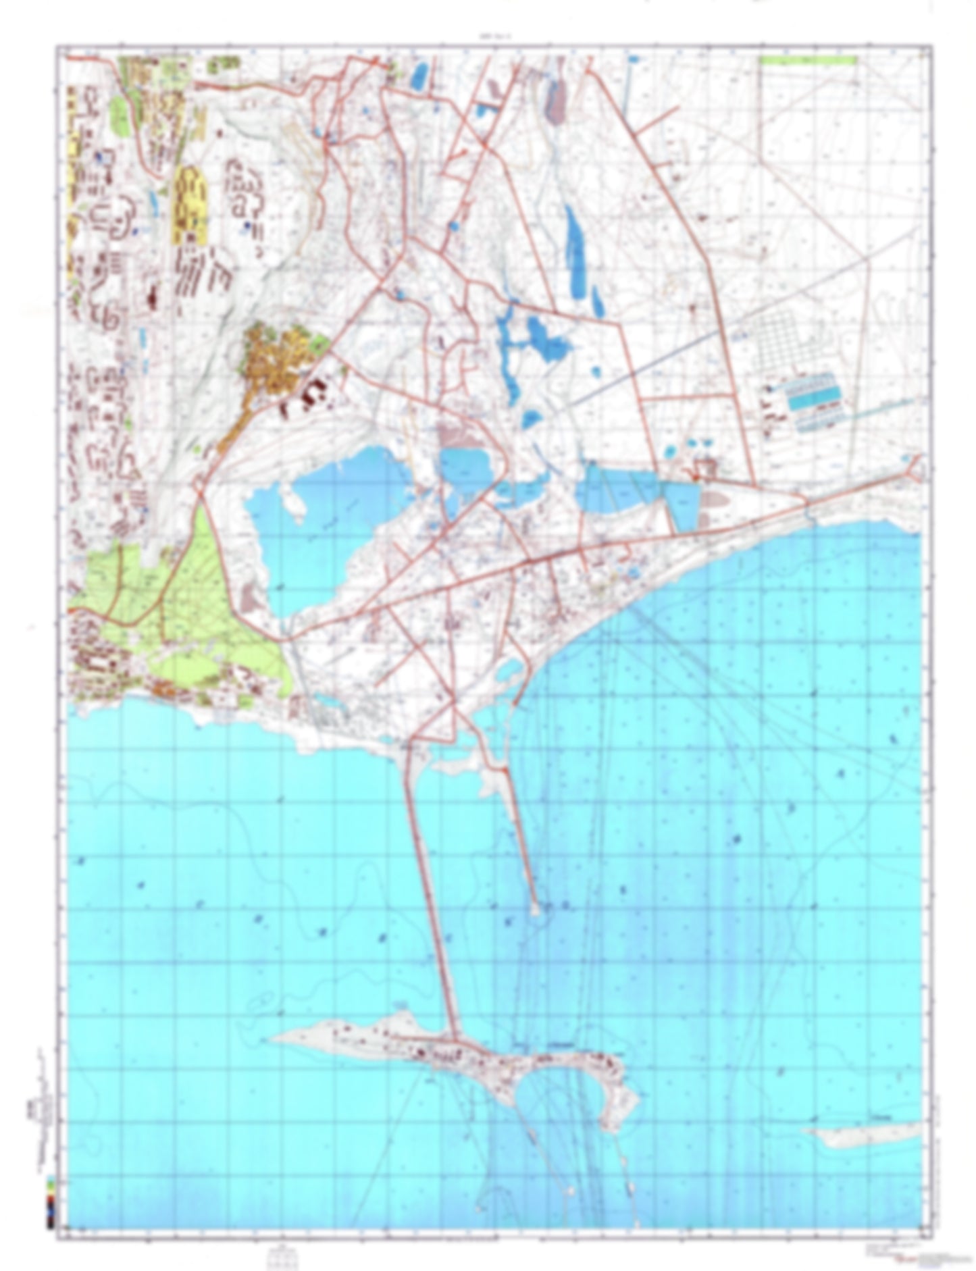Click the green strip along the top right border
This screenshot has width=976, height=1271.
(x=807, y=60)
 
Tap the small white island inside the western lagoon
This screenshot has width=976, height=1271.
(x=293, y=503)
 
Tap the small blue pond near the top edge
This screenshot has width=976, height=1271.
(x=419, y=76)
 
